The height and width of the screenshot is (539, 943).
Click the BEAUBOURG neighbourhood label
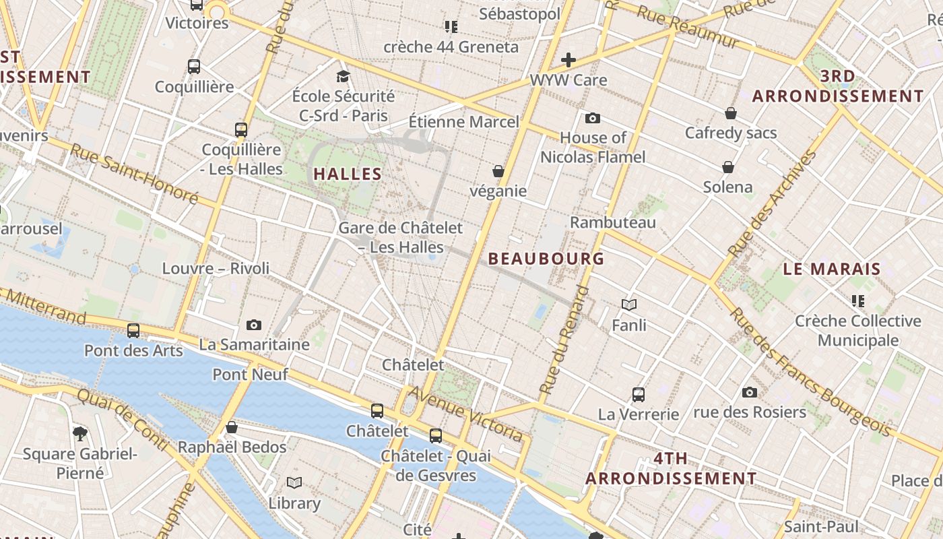pyautogui.click(x=546, y=259)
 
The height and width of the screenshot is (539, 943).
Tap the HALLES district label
pyautogui.click(x=348, y=174)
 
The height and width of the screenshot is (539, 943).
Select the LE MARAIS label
pyautogui.click(x=832, y=269)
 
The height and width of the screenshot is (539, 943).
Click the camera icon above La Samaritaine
pyautogui.click(x=254, y=325)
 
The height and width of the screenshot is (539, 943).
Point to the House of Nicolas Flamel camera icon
pyautogui.click(x=593, y=119)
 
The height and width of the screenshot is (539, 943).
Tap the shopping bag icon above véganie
pyautogui.click(x=498, y=171)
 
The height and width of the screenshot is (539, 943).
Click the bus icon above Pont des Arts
pyautogui.click(x=133, y=331)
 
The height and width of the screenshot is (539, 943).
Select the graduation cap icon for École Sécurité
pyautogui.click(x=344, y=76)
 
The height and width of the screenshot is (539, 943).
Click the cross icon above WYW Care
pyautogui.click(x=568, y=60)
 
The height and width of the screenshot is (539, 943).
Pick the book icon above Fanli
pyautogui.click(x=629, y=305)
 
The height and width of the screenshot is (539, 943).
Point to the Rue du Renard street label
pyautogui.click(x=564, y=340)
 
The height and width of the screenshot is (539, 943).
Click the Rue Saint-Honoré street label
pyautogui.click(x=134, y=173)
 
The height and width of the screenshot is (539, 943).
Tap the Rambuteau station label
pyautogui.click(x=613, y=222)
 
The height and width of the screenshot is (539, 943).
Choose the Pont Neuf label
pyautogui.click(x=251, y=375)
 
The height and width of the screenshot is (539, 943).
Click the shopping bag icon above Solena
pyautogui.click(x=728, y=166)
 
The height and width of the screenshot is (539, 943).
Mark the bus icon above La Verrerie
pyautogui.click(x=639, y=394)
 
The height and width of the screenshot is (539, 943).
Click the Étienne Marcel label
pyautogui.click(x=464, y=122)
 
